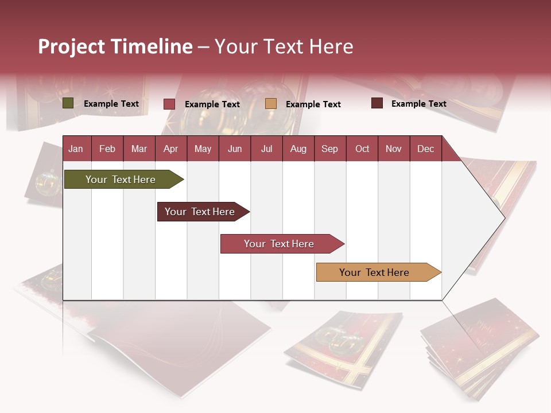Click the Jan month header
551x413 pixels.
[76, 149]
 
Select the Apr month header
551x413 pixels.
[170, 149]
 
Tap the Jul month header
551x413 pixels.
[266, 149]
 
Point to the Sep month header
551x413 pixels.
[329, 149]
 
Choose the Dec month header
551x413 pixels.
[425, 149]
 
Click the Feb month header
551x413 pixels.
[107, 149]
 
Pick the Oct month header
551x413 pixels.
[362, 149]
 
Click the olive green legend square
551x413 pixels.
[68, 103]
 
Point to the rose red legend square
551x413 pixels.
[169, 104]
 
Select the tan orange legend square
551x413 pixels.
[271, 104]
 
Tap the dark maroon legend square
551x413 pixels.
[377, 103]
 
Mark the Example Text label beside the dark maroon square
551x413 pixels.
[418, 104]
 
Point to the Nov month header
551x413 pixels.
[394, 149]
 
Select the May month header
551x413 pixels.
[203, 149]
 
